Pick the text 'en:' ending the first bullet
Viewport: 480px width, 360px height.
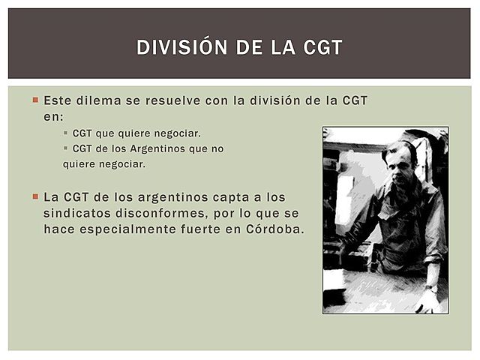tap(54, 116)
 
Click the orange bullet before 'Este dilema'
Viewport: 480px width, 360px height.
tap(35, 100)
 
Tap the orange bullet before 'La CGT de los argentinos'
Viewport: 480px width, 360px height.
tap(35, 197)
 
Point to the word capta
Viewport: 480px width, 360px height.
tap(235, 197)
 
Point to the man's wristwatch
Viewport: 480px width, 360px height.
tap(432, 287)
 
